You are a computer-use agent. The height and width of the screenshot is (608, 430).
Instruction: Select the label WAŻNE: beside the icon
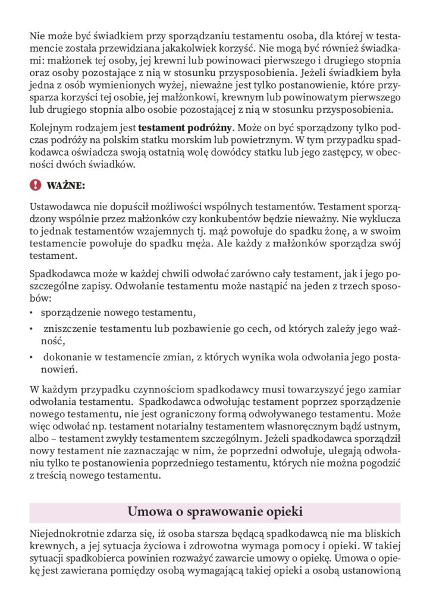tap(65, 186)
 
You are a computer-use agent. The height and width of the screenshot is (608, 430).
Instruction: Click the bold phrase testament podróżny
tap(186, 127)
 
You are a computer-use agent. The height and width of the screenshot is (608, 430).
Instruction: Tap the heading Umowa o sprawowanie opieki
tap(215, 512)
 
